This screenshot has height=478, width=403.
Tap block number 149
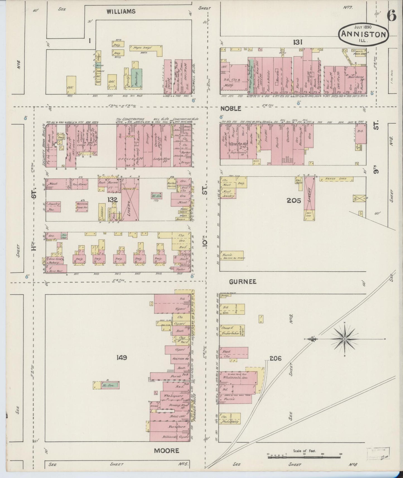click(122, 358)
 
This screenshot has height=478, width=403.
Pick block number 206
click(276, 358)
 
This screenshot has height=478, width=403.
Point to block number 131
click(298, 42)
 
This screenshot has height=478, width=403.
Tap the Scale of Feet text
click(304, 450)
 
